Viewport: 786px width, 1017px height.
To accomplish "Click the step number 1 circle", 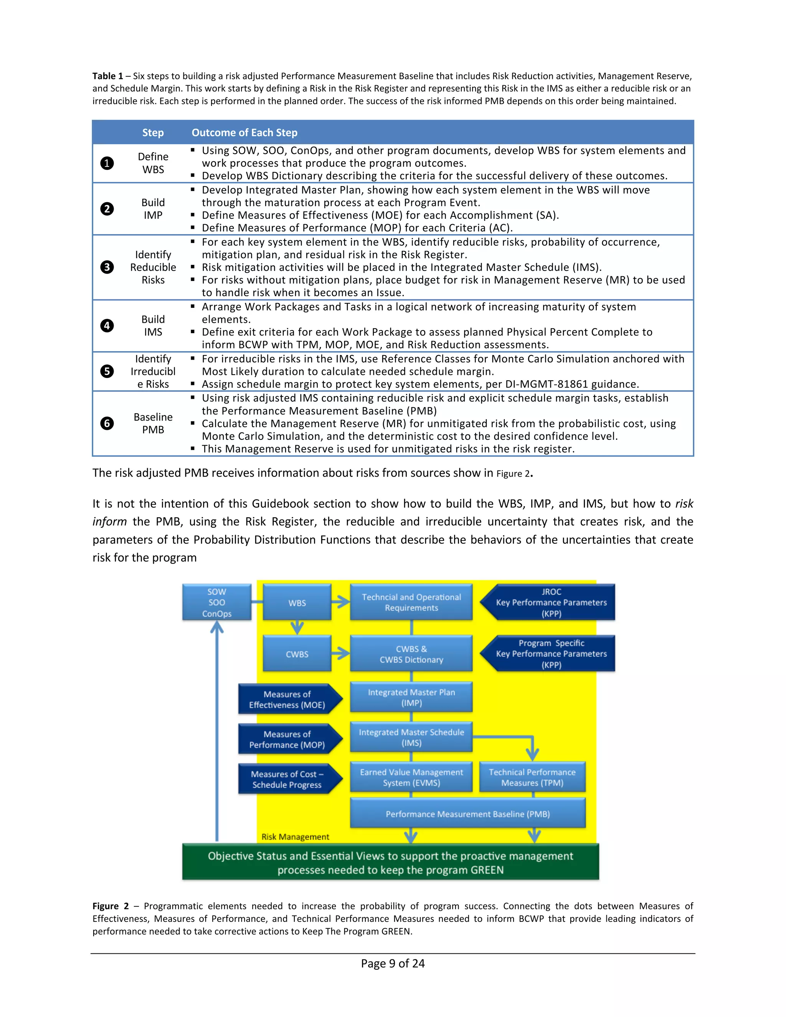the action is [107, 163].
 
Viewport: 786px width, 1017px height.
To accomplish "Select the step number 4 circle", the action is [107, 325].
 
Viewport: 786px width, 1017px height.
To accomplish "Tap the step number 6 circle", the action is [107, 423].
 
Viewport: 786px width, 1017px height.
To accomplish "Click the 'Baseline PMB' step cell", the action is [153, 423].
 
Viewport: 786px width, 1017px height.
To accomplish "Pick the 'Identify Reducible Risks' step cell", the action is [153, 267].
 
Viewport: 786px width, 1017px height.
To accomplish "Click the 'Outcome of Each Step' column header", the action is [244, 133].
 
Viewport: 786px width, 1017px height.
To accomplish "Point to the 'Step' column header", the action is [153, 133].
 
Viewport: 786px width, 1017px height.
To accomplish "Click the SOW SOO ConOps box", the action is [216, 603].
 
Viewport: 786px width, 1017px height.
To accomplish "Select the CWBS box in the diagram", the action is [297, 654].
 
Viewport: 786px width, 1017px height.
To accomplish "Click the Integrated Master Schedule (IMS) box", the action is [411, 738].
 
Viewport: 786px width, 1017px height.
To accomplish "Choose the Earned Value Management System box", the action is [411, 778].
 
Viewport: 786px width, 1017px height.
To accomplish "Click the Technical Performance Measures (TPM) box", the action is [532, 778].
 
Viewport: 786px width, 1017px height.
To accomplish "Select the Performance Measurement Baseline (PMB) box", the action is [467, 814].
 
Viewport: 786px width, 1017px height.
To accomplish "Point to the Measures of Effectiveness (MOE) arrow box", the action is [288, 699].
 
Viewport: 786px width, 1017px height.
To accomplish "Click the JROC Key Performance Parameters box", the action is [551, 603].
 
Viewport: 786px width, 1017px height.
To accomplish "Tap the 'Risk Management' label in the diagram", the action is [295, 837].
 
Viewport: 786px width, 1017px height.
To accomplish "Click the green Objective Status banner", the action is [390, 862].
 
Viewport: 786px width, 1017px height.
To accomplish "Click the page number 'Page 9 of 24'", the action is [393, 963].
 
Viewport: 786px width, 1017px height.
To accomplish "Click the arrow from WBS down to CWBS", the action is [297, 627].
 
